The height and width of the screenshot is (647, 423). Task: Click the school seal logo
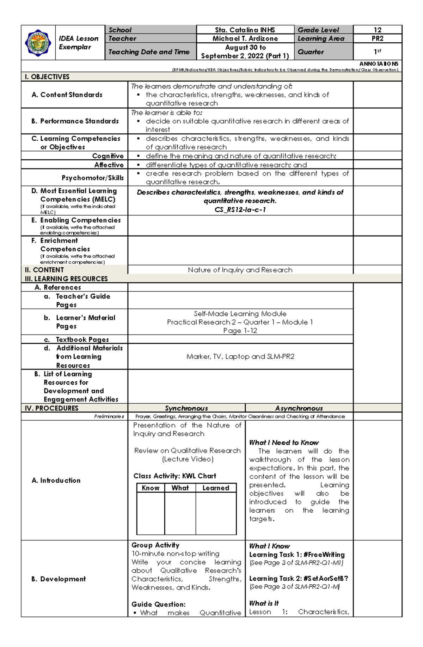38,43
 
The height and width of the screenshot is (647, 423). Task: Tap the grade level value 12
378,30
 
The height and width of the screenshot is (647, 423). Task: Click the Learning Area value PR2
378,38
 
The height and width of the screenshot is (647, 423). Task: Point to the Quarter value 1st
378,51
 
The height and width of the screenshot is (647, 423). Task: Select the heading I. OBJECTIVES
47,77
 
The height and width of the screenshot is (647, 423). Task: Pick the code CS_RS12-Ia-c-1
240,210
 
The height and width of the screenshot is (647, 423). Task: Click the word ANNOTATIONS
379,64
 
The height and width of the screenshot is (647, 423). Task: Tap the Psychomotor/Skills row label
92,178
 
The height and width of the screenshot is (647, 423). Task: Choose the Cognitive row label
108,156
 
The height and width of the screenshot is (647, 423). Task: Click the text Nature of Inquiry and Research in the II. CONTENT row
240,270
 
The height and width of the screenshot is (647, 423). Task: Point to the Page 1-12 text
240,331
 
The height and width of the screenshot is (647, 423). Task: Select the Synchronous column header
186,408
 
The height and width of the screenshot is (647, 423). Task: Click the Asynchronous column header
299,408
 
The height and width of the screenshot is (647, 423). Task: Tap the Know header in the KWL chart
151,488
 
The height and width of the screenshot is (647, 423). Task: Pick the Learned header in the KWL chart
216,488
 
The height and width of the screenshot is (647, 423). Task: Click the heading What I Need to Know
284,442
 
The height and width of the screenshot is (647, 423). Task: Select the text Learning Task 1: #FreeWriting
297,555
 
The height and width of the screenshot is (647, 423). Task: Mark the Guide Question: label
158,604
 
